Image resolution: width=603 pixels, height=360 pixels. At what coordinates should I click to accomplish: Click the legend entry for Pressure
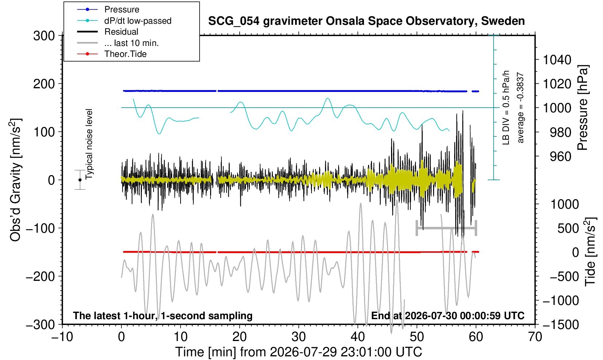click(x=122, y=9)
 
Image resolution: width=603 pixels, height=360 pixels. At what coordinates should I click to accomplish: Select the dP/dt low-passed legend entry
click(x=138, y=21)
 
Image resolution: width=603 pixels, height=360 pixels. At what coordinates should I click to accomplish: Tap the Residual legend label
click(x=121, y=32)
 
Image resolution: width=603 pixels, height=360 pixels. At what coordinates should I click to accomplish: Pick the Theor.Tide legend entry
click(x=125, y=54)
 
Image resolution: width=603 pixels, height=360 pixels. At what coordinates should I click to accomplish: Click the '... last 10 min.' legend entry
click(x=131, y=43)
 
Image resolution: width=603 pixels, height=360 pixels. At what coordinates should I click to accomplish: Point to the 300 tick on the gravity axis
click(x=44, y=35)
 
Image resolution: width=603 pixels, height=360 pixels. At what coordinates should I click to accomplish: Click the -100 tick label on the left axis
click(x=40, y=228)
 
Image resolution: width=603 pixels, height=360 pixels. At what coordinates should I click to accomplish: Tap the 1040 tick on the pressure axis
click(x=557, y=60)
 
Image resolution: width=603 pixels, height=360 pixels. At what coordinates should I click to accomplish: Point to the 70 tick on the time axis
click(x=535, y=337)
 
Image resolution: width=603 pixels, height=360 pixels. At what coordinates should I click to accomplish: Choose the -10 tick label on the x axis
click(x=62, y=337)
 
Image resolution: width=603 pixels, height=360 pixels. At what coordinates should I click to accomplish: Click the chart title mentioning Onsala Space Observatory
click(x=366, y=21)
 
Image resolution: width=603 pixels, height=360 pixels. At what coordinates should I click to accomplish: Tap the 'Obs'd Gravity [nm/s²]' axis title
click(x=15, y=180)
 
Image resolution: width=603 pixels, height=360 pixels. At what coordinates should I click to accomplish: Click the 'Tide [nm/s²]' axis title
click(x=590, y=252)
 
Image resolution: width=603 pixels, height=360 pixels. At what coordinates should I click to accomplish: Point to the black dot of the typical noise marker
click(x=80, y=180)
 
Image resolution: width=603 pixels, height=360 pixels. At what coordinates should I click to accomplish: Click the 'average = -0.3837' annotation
click(x=520, y=108)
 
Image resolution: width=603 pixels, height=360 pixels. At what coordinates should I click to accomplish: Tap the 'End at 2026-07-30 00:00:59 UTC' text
click(x=448, y=316)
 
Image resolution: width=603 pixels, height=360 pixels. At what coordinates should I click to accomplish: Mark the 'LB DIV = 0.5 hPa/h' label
click(x=506, y=108)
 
